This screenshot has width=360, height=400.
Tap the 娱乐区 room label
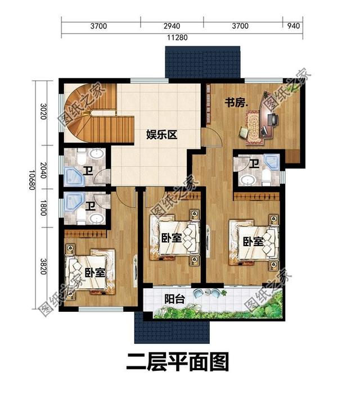click(162, 135)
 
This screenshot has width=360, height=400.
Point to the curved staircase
click(90, 112)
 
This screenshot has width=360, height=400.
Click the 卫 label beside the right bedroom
click(254, 164)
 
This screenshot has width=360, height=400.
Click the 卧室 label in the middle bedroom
click(170, 238)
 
